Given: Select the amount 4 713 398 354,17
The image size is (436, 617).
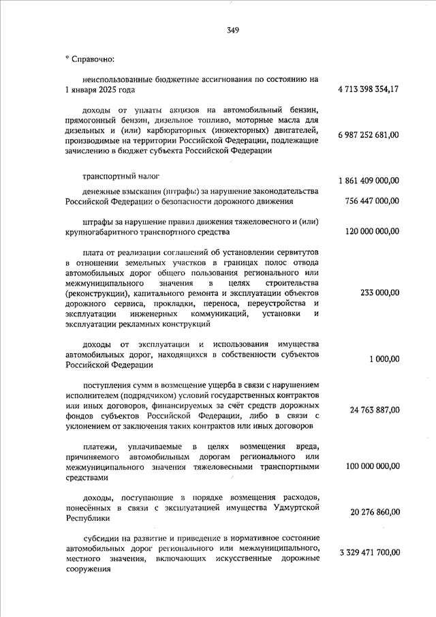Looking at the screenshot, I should pos(369,90).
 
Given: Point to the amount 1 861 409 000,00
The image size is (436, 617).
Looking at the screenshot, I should pos(369,181).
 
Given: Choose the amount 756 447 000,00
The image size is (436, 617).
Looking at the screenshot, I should pos(372,201).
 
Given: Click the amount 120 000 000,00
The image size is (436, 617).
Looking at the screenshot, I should pos(372,232).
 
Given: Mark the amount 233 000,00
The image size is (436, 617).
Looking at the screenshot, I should pos(380,292).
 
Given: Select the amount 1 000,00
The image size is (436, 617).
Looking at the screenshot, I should pos(385,359).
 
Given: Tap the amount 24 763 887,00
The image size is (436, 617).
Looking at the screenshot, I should pos(375,410).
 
